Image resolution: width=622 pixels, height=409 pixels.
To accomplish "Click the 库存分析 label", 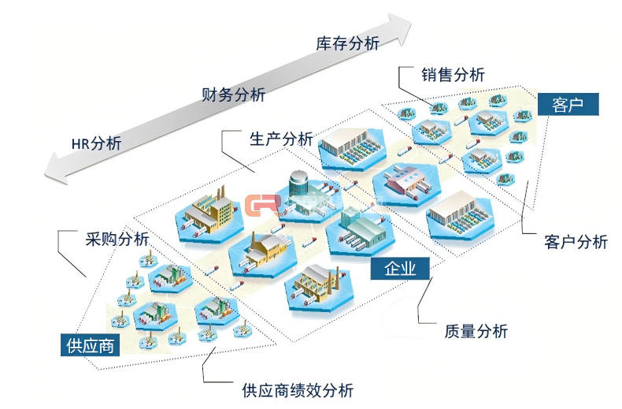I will point(347,43).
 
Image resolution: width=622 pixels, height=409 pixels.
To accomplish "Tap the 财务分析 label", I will point(233,95).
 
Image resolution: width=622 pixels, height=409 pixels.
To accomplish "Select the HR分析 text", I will point(96,143).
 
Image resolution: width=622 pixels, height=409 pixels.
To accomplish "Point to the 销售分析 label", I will point(452,74).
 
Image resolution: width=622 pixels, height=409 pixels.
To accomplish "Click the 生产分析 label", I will point(280,139).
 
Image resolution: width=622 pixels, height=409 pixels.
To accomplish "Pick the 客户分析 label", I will point(576,242).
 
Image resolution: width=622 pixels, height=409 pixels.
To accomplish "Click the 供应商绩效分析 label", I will point(298,389).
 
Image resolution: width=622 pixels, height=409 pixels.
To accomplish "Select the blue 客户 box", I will point(568,104).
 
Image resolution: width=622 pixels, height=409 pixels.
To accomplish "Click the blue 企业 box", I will point(400,269).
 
